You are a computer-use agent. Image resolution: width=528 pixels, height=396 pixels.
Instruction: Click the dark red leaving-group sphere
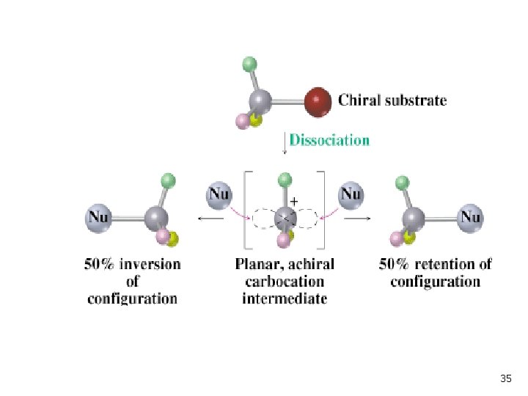(x=318, y=102)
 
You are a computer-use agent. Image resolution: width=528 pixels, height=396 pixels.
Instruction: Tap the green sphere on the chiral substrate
(x=249, y=65)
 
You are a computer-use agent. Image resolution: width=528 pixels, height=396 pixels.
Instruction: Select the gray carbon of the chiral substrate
(x=260, y=101)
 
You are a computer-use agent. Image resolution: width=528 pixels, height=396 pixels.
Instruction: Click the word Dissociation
(x=329, y=140)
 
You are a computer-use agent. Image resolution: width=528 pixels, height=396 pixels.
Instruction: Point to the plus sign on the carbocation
(x=294, y=202)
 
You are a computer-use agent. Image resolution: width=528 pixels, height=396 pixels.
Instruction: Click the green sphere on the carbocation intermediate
(x=285, y=180)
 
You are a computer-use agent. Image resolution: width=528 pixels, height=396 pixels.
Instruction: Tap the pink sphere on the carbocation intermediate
(x=284, y=241)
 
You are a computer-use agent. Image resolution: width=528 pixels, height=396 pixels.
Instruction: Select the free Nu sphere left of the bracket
(x=219, y=195)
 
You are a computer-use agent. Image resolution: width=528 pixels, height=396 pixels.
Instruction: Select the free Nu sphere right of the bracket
(x=351, y=195)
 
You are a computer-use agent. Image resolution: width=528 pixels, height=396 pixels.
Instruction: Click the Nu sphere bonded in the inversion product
(x=98, y=218)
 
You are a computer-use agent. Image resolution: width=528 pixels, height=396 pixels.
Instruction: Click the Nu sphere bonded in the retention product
(x=470, y=218)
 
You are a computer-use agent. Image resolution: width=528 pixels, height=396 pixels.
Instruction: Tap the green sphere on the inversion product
(x=169, y=181)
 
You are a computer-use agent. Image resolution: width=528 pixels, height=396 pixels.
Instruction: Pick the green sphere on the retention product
(x=402, y=183)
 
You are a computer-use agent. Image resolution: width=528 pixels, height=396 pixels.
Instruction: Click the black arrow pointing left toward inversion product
(x=210, y=219)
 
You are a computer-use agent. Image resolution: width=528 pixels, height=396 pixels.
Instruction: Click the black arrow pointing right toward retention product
(x=357, y=219)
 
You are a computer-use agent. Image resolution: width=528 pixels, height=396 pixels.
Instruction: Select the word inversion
(x=150, y=264)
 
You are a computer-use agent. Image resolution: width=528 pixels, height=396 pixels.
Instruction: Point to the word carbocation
(x=285, y=282)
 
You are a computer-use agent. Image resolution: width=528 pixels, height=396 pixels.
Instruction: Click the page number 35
(x=506, y=378)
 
